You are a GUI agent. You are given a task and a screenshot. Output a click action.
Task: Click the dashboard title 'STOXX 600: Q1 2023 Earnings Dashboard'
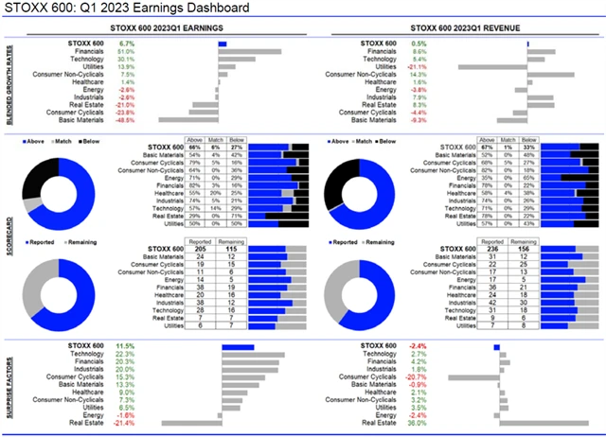pos(129,9)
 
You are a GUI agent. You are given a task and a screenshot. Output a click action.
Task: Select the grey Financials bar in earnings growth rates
pos(250,51)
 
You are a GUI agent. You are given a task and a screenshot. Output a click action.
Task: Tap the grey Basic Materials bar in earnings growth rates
pos(188,120)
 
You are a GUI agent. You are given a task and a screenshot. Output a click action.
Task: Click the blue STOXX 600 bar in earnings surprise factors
pos(239,346)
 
